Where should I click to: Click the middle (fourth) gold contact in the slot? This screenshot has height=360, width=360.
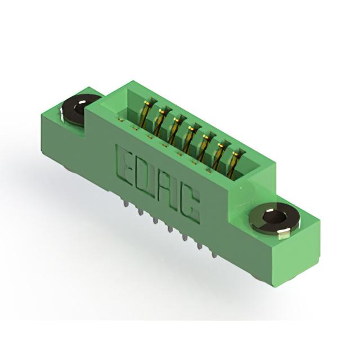click(x=189, y=139)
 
